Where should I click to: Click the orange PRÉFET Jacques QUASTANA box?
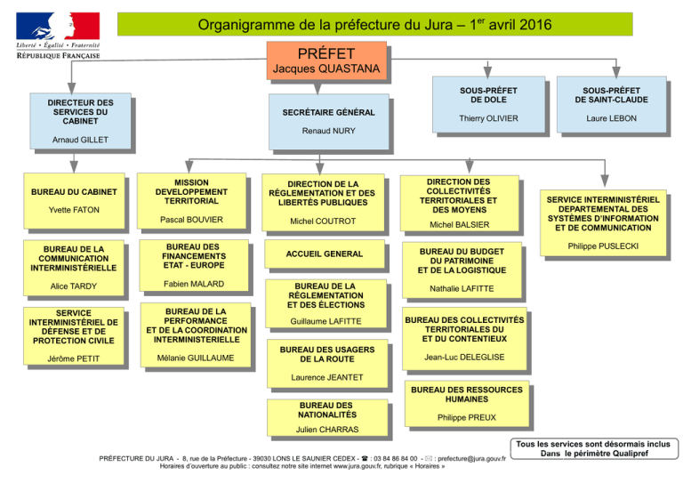click(x=326, y=60)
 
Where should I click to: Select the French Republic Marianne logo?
click(x=58, y=26)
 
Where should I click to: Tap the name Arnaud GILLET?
click(x=80, y=140)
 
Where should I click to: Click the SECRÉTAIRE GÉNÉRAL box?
click(x=329, y=122)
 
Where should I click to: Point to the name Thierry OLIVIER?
click(x=488, y=118)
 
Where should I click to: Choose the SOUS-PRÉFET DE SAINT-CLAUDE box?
click(x=612, y=105)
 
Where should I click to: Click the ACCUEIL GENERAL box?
click(x=325, y=254)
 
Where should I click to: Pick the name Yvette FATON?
click(x=74, y=210)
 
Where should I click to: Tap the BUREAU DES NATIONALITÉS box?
click(x=327, y=418)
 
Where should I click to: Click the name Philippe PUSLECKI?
click(x=603, y=246)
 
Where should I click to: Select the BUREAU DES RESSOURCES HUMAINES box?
click(x=467, y=404)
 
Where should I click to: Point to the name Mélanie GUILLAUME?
click(x=196, y=358)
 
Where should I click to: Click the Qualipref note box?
click(x=594, y=448)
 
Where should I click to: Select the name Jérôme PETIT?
click(x=74, y=358)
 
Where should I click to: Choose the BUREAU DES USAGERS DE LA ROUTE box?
click(x=327, y=364)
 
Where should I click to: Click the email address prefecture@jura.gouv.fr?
click(x=471, y=459)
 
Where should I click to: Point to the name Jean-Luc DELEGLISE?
click(x=464, y=357)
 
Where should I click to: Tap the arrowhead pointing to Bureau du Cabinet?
click(x=74, y=167)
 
